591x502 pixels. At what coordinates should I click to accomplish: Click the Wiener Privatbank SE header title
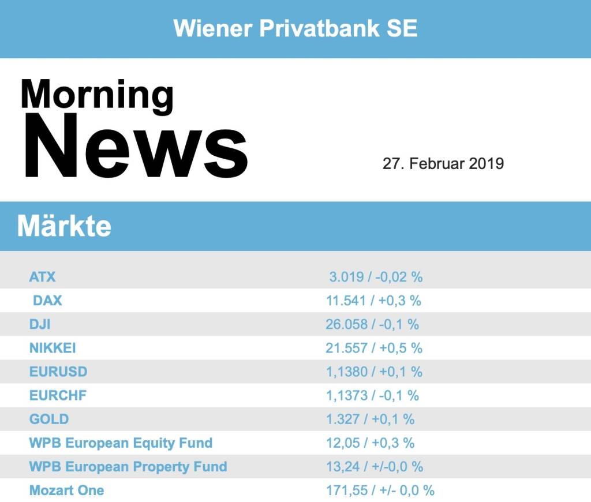(x=295, y=28)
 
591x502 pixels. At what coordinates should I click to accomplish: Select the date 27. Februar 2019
(x=443, y=163)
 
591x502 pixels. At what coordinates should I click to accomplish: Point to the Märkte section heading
(x=64, y=226)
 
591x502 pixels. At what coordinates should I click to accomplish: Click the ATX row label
(x=42, y=277)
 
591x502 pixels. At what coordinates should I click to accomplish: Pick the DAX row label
(x=47, y=301)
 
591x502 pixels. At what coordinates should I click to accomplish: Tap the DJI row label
(x=40, y=324)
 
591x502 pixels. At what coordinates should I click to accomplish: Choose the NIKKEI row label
(x=53, y=348)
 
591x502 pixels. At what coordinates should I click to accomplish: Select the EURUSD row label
(x=58, y=372)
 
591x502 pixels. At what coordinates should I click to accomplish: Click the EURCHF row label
(x=58, y=395)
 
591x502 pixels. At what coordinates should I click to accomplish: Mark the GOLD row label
(x=49, y=419)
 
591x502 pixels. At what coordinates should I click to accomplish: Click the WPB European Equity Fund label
(x=121, y=443)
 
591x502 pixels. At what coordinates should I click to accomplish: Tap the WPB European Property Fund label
(x=128, y=466)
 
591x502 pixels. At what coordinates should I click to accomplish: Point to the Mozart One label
(x=66, y=490)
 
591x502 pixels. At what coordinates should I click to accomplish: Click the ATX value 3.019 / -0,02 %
(x=376, y=277)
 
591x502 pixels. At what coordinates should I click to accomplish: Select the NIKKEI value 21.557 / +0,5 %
(x=374, y=348)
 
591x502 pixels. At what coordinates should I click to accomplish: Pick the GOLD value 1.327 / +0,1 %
(x=370, y=419)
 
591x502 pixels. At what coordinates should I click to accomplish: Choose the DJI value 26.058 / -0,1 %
(x=372, y=324)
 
